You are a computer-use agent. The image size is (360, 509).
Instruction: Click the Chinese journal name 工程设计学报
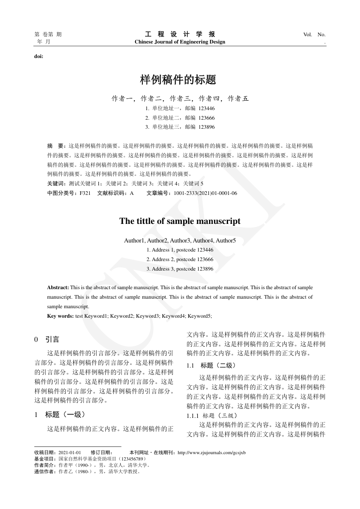180,34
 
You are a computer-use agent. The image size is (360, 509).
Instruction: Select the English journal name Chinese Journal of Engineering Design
180,42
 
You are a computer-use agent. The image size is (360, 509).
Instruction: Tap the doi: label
39,57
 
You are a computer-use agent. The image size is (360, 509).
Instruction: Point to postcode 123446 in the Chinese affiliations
206,109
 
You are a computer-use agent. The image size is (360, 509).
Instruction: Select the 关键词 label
56,184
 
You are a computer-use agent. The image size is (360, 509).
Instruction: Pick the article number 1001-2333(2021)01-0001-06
202,193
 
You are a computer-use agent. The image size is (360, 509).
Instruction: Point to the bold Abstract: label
58,288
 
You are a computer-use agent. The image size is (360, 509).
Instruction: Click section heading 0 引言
47,339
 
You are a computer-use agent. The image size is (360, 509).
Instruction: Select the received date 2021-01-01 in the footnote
70,453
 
